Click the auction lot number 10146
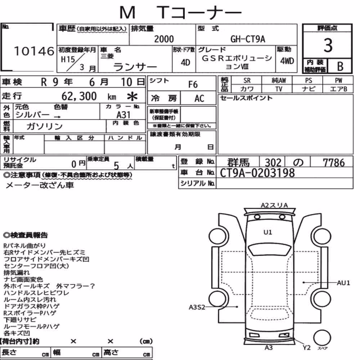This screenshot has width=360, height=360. pos(34,51)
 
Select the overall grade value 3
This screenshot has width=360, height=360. pos(328,45)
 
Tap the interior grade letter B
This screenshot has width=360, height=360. pos(340,66)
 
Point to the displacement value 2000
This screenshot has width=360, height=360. pos(164,39)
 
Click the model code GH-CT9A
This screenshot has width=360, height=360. pos(248,39)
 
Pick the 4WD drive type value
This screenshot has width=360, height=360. pos(287,61)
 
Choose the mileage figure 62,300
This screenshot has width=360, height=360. pos(79,96)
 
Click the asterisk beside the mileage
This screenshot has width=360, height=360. pos(132,96)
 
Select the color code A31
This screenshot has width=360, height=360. pos(123,115)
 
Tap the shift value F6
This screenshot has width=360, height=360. pos(193,85)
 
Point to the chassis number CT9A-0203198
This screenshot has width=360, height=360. pos(257,173)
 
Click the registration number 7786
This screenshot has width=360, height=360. pos(334,163)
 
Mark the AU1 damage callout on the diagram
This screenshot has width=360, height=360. pos(343,283)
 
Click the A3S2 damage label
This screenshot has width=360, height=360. pos(197,307)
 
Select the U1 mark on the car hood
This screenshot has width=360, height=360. pos(268,232)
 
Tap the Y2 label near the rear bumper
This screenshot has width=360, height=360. pos(307,348)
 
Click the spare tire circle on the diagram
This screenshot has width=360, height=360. pos(322,338)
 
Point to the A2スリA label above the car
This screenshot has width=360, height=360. pos(274,205)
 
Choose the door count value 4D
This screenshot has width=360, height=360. pos(185,62)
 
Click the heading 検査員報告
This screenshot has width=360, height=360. pos(26,235)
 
